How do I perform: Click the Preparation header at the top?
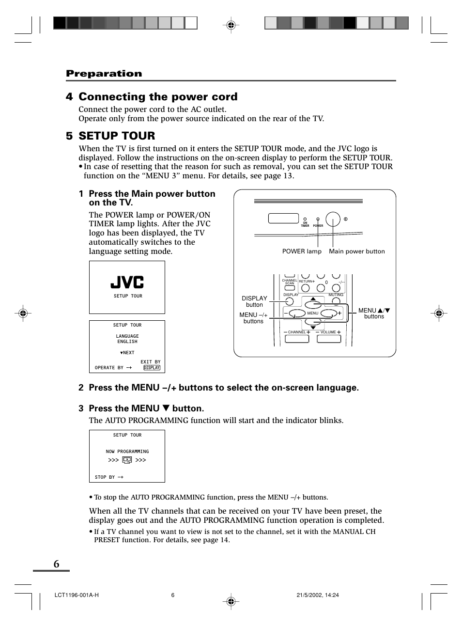tap(104, 74)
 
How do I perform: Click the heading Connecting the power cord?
tap(158, 97)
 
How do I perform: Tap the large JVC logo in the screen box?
tap(127, 282)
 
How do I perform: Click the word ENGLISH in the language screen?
tap(127, 342)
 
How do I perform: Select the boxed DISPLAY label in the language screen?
tap(152, 368)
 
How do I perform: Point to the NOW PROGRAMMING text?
tap(127, 452)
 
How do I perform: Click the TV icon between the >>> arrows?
tap(127, 460)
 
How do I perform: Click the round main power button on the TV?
tap(333, 219)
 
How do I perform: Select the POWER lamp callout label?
tap(302, 251)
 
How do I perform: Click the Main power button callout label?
tap(357, 251)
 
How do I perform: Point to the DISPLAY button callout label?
tap(254, 301)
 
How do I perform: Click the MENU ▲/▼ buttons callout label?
tap(374, 313)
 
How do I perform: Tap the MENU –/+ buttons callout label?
tap(253, 318)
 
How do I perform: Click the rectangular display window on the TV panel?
tap(283, 218)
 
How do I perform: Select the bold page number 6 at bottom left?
tap(57, 564)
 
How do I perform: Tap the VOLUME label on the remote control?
tap(328, 332)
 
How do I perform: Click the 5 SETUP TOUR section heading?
tap(111, 136)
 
